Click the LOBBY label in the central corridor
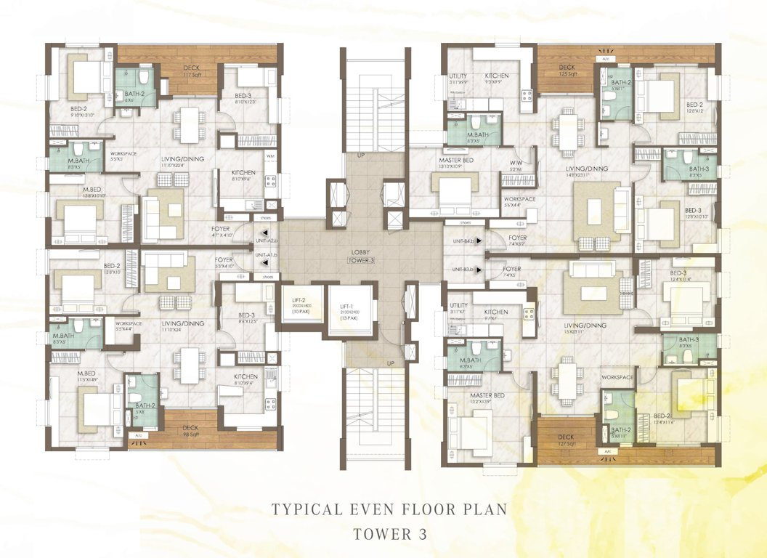pyautogui.click(x=360, y=251)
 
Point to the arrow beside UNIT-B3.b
pyautogui.click(x=477, y=270)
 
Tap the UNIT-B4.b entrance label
pyautogui.click(x=461, y=240)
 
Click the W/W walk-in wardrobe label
pyautogui.click(x=516, y=162)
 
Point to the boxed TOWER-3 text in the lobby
pyautogui.click(x=360, y=260)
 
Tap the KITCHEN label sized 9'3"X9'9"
pyautogui.click(x=498, y=76)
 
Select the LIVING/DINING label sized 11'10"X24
pyautogui.click(x=182, y=324)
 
